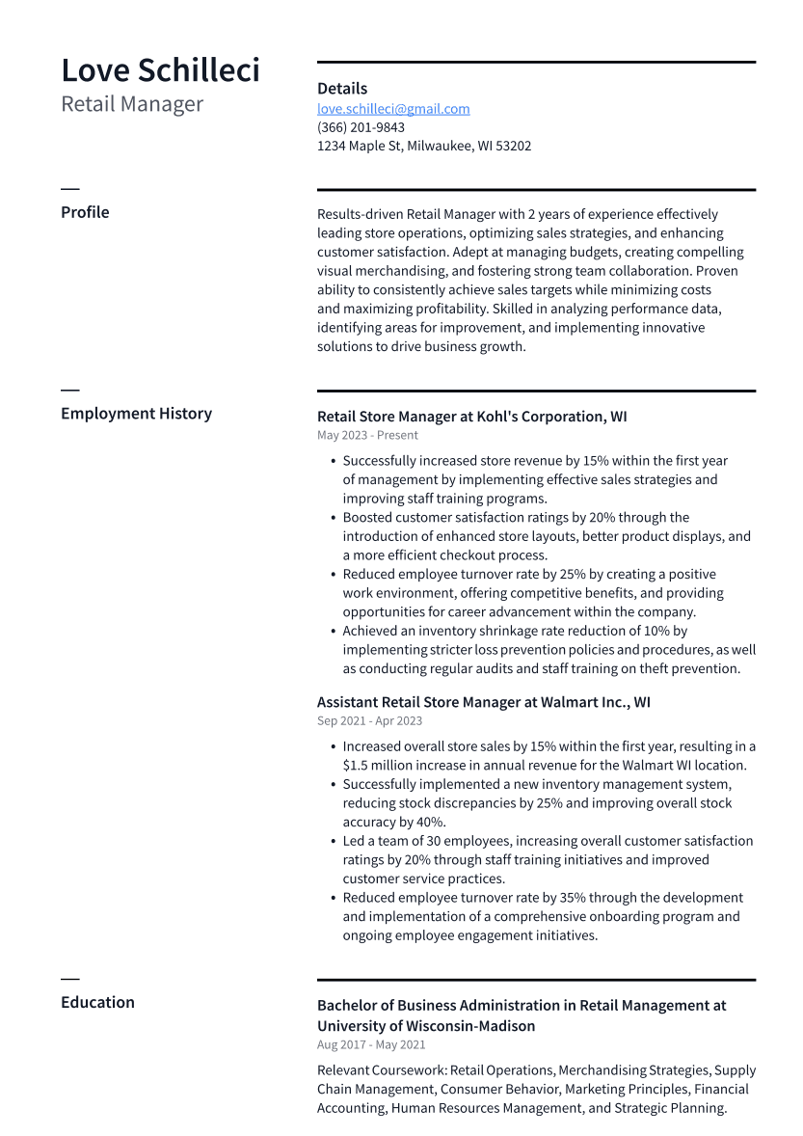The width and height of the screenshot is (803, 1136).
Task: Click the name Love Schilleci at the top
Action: [x=160, y=70]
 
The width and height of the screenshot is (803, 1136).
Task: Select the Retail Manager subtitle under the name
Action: [x=132, y=104]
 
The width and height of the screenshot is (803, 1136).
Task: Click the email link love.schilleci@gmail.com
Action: [x=393, y=109]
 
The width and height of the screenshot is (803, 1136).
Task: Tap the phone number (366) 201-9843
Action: [x=361, y=127]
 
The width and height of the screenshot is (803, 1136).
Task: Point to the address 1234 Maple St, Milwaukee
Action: [x=424, y=146]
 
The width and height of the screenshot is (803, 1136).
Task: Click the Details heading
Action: [x=342, y=89]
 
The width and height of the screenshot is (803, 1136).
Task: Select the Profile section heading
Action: [x=85, y=212]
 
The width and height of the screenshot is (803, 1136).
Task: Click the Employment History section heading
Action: [x=136, y=414]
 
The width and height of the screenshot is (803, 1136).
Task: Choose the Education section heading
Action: [x=97, y=1002]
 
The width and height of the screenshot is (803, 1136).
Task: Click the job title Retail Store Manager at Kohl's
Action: [x=471, y=417]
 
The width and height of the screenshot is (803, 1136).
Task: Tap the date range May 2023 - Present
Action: [x=367, y=435]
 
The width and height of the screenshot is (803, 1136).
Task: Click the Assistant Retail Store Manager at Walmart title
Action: [x=483, y=702]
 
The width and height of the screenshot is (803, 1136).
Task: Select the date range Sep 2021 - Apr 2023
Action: [x=369, y=720]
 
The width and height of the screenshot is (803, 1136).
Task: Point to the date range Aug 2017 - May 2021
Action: [x=371, y=1044]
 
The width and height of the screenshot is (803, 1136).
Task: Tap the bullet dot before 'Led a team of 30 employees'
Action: [x=332, y=842]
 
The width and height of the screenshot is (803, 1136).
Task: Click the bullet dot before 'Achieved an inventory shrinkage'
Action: [x=332, y=632]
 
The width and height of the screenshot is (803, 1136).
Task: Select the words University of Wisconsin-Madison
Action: [x=426, y=1026]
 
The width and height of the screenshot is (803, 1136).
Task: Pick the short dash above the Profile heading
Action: [x=69, y=189]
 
